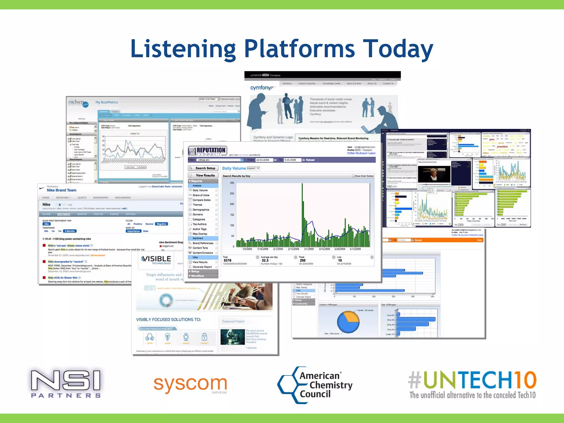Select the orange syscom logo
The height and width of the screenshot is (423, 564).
tap(190, 384)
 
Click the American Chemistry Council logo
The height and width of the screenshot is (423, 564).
tap(315, 385)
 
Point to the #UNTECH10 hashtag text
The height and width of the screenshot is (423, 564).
tap(472, 379)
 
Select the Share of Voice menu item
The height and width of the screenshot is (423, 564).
tap(201, 195)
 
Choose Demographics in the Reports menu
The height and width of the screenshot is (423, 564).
tap(201, 210)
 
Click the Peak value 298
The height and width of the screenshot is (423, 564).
tap(303, 260)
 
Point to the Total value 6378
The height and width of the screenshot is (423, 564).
tap(227, 260)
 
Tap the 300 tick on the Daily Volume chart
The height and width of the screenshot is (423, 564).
tap(232, 183)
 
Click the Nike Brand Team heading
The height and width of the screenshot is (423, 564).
tap(61, 190)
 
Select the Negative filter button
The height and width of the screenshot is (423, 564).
tap(161, 224)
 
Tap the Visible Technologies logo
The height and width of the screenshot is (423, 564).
tap(156, 260)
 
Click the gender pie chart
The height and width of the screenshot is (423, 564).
tap(348, 322)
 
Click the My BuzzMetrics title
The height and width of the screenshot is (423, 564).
tap(107, 102)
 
